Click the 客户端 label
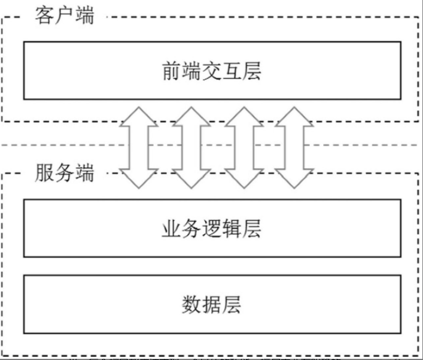[x=64, y=15]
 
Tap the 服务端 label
[x=64, y=173]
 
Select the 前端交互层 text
[x=212, y=71]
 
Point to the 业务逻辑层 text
[x=212, y=228]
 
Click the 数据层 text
[x=212, y=304]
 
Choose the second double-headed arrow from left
[x=191, y=147]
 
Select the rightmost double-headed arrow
[x=295, y=147]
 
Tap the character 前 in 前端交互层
[x=172, y=71]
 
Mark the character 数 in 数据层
[x=191, y=304]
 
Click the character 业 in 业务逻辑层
[x=172, y=228]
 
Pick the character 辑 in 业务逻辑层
[x=232, y=228]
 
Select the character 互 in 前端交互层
[x=232, y=71]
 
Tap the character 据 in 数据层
[x=212, y=304]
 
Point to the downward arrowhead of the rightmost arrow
[x=295, y=178]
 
